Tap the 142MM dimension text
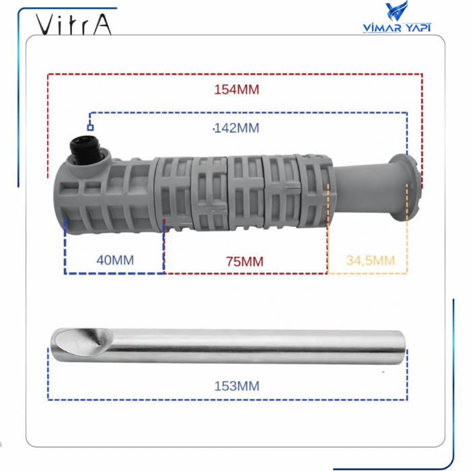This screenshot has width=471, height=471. (x=235, y=128)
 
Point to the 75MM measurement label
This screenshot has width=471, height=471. (x=245, y=261)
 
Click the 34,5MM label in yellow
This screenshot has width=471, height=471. (x=370, y=260)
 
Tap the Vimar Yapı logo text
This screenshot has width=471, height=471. (x=396, y=28)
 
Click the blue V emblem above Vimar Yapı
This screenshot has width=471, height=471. (x=397, y=12)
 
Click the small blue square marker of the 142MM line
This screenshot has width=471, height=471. (x=89, y=126)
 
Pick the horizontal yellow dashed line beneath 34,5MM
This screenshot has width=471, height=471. (x=367, y=274)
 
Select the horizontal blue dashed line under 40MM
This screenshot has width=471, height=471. (x=114, y=273)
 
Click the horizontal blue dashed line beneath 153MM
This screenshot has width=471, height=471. (x=227, y=400)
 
